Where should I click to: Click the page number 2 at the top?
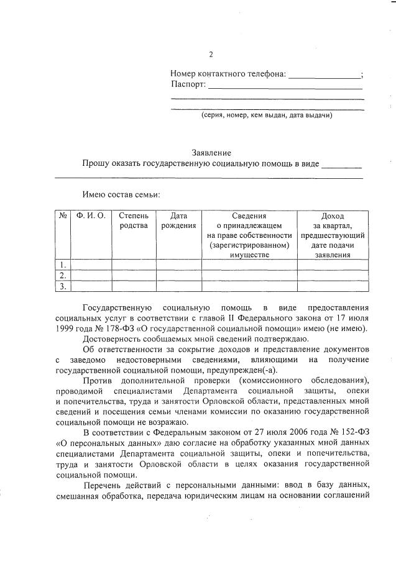211,54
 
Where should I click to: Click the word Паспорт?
188,85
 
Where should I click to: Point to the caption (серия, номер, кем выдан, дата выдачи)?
267,116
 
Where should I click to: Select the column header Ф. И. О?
91,216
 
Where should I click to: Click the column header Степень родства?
133,220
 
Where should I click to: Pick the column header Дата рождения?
178,220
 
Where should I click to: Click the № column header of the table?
63,216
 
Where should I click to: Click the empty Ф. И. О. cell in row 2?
91,276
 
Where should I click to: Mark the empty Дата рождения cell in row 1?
178,265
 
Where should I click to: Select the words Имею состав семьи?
121,195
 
